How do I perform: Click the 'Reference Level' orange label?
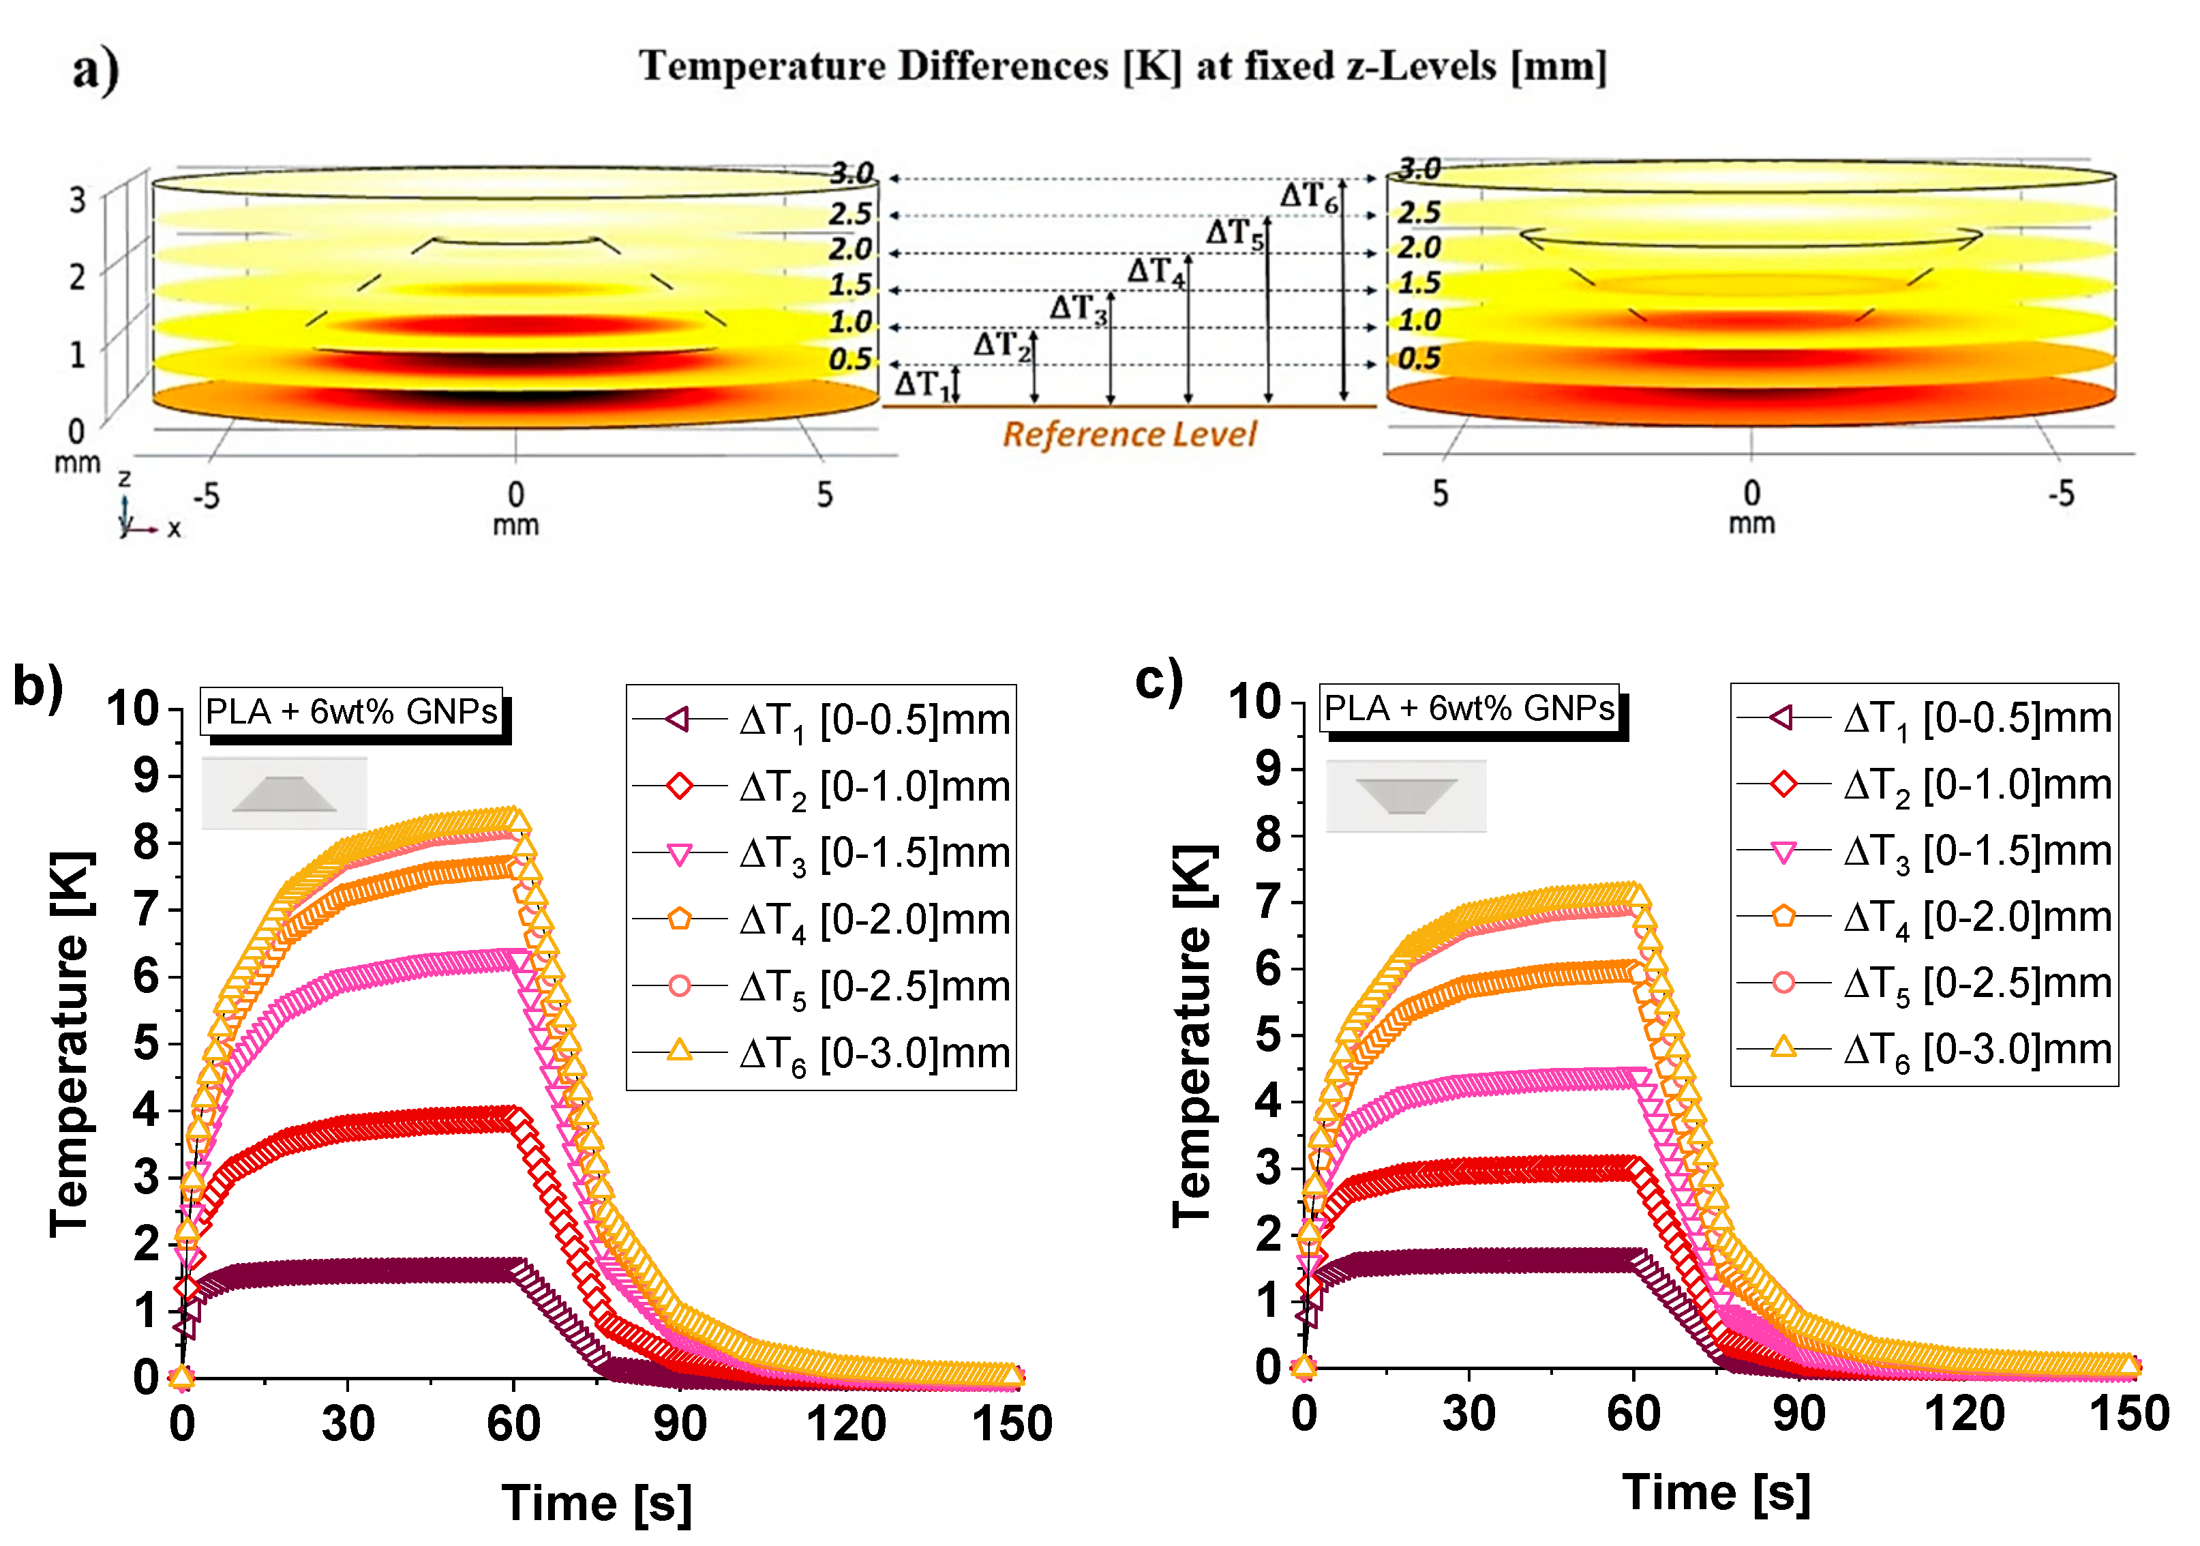[x=1129, y=434]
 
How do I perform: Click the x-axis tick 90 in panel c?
[x=1798, y=1414]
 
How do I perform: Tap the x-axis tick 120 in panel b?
[x=845, y=1423]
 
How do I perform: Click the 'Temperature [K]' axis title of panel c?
[x=1194, y=1035]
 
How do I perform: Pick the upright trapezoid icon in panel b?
[x=284, y=794]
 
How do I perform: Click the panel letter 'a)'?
[x=96, y=70]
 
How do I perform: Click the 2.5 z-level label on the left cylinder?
[x=850, y=215]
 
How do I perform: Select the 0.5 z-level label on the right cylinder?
[x=1418, y=359]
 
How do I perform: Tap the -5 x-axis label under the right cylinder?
[x=2061, y=494]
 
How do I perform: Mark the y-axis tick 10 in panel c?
[x=1254, y=702]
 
